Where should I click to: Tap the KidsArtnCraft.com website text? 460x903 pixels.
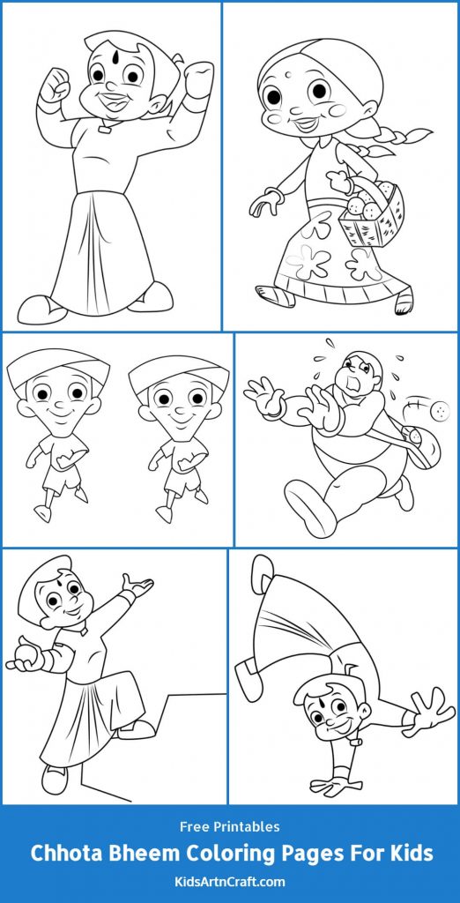(x=229, y=881)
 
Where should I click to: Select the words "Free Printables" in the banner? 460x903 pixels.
(x=229, y=827)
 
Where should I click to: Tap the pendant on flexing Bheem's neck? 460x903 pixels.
(x=107, y=129)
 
